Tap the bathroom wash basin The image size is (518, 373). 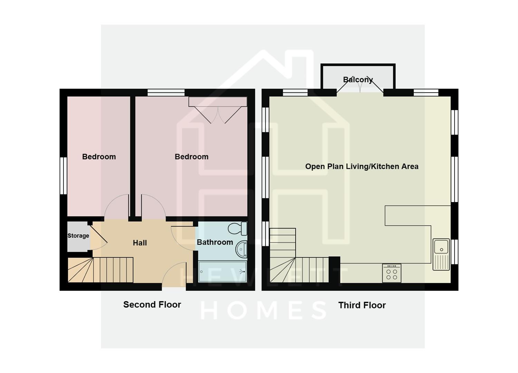241,249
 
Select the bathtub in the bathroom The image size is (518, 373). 222,271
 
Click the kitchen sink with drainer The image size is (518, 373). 441,254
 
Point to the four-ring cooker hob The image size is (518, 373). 392,273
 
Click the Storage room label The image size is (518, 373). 78,236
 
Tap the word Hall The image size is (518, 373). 140,243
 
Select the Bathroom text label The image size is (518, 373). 215,242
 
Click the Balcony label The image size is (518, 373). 358,80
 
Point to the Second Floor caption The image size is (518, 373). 152,305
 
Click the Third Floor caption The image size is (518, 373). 362,305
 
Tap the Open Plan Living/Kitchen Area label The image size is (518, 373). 362,166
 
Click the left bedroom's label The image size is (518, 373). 99,157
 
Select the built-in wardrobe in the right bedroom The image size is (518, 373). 218,102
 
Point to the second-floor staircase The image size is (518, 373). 100,270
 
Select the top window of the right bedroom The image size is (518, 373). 166,93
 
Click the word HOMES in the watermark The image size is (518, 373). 263,310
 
